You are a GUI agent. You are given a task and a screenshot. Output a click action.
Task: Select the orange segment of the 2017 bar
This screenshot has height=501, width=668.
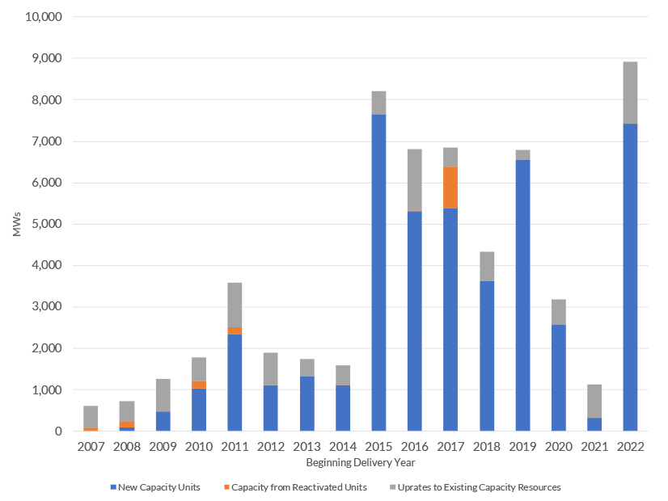point(450,187)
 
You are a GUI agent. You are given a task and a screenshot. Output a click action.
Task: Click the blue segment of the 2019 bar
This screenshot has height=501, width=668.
point(522,295)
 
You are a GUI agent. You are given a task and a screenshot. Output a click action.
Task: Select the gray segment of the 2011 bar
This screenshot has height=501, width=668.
point(235,305)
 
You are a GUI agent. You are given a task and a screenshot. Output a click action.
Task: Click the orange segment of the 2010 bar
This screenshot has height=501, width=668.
point(199,385)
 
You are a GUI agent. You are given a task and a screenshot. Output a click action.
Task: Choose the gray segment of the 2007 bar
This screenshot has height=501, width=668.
point(91,417)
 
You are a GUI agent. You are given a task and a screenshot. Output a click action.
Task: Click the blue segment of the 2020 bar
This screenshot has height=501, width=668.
point(559,377)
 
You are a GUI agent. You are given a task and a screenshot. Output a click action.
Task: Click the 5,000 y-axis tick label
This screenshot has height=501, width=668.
point(48,224)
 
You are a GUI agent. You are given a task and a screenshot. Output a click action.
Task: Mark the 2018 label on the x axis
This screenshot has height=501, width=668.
point(487,446)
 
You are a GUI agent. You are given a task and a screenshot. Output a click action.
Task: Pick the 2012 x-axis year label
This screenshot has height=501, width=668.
point(270,446)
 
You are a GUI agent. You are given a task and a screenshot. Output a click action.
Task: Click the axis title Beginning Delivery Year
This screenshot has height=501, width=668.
point(361,463)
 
